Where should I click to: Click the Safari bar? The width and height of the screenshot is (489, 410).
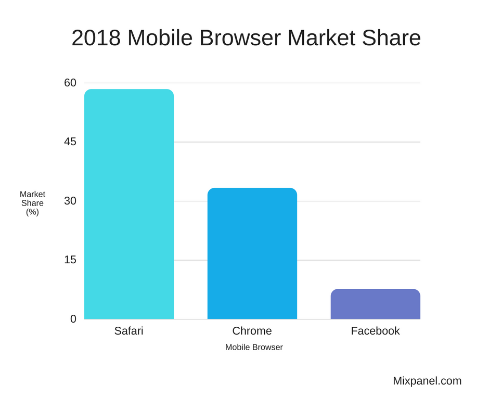128,204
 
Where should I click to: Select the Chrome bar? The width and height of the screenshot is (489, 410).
252,253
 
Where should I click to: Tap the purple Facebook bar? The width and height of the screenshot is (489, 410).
375,304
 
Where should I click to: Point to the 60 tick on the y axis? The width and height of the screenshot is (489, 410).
70,83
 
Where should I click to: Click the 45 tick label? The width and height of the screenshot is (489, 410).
70,142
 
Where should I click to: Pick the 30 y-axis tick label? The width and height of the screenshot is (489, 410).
70,201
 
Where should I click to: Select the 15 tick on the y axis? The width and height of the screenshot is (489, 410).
70,260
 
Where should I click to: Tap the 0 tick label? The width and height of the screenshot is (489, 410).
73,319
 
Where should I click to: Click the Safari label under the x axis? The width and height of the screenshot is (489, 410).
128,331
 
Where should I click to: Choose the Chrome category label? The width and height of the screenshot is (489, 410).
252,331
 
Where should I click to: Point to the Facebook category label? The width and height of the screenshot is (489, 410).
375,331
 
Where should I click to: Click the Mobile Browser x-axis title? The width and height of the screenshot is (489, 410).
254,347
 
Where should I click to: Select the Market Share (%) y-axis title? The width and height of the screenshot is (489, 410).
32,203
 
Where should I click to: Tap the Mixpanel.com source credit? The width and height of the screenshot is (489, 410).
427,381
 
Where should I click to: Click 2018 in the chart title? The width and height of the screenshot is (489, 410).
96,38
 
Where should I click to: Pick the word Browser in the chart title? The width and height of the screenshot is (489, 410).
240,38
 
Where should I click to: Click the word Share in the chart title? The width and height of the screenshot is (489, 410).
393,38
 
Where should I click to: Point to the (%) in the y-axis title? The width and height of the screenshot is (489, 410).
32,212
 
